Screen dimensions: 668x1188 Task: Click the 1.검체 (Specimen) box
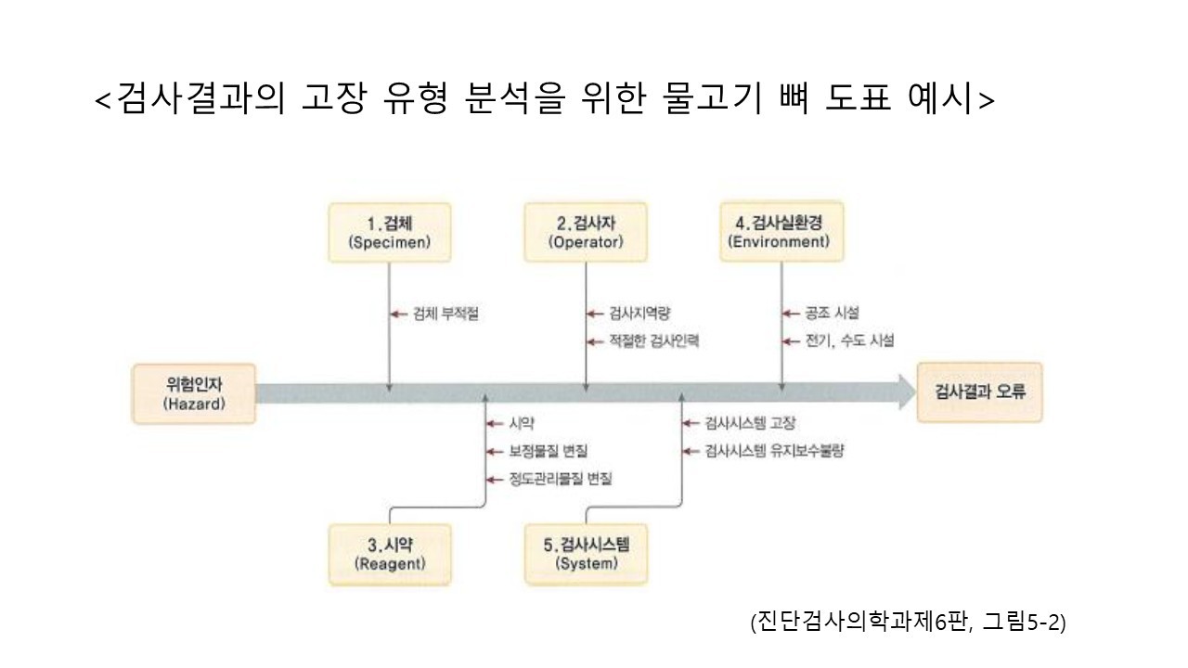click(390, 232)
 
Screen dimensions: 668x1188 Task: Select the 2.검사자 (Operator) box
click(586, 232)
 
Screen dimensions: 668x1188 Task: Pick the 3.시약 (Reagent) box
click(390, 554)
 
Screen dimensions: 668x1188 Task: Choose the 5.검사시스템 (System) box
click(586, 554)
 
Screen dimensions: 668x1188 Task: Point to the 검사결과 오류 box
click(979, 392)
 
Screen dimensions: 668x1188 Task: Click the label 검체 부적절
click(445, 314)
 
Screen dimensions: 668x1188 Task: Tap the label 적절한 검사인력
click(653, 341)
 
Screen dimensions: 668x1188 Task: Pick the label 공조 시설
click(833, 314)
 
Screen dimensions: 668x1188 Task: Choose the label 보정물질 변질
click(549, 451)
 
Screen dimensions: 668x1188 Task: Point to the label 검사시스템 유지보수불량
click(774, 451)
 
